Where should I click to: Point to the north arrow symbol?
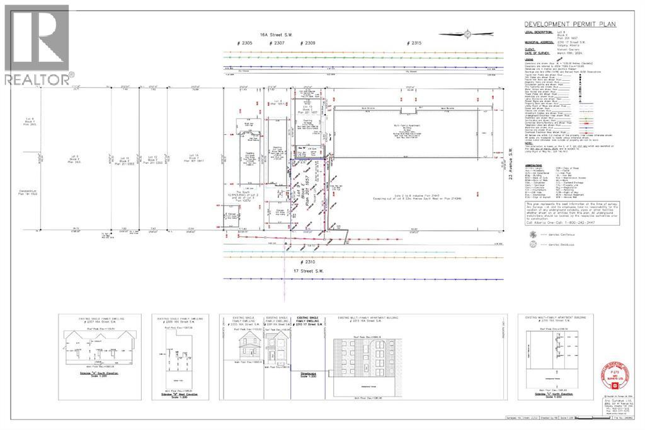pyautogui.click(x=465, y=34)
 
